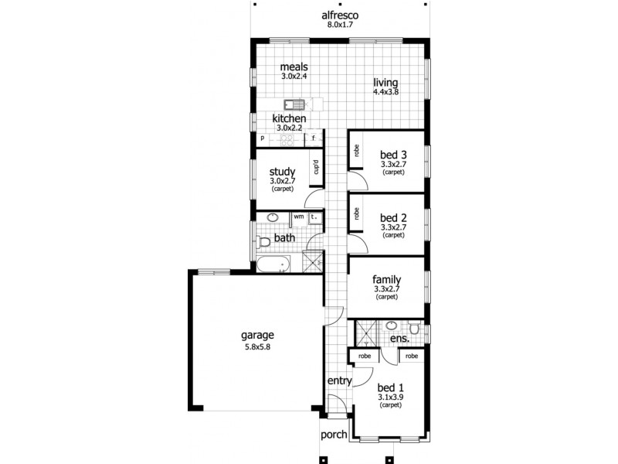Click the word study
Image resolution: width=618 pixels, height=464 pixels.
[281, 172]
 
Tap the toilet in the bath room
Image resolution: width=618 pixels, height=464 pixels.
[263, 241]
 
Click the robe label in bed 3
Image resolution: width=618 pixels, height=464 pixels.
[357, 152]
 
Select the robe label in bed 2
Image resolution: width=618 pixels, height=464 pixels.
[357, 214]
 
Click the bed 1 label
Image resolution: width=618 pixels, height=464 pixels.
[390, 388]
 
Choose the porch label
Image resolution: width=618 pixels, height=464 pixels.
[334, 435]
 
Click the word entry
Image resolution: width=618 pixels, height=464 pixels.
[340, 380]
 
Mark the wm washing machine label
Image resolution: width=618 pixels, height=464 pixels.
[298, 217]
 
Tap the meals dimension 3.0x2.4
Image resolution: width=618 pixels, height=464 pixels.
[294, 77]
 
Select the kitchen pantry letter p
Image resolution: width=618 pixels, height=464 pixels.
[263, 139]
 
